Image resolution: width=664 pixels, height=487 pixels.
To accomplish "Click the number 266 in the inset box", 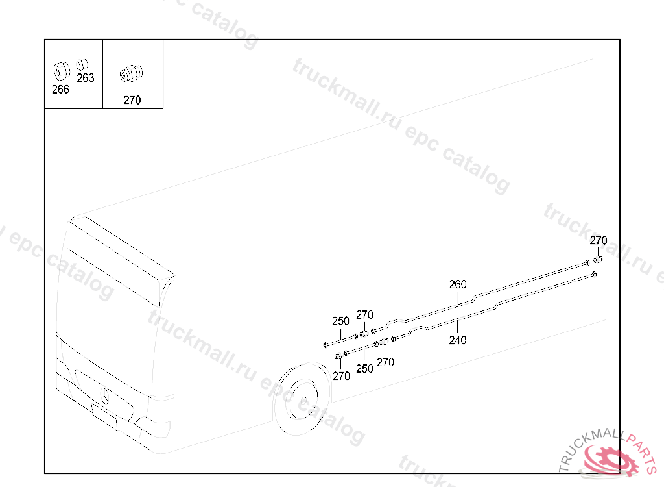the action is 60,89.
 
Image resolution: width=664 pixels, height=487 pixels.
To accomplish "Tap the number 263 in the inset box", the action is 86,78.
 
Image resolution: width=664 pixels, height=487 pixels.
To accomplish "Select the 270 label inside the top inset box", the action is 132,100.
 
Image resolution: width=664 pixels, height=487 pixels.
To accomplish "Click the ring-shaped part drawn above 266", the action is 62,71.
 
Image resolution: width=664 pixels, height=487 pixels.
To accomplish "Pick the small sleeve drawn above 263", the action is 82,64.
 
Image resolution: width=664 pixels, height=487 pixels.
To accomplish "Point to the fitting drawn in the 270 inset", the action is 132,73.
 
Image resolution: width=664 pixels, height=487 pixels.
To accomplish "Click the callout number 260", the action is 458,284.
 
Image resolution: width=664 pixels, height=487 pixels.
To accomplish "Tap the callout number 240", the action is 458,340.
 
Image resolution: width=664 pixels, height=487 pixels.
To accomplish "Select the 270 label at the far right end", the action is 599,240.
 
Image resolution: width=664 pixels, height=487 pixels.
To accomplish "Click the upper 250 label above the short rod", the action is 340,321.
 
